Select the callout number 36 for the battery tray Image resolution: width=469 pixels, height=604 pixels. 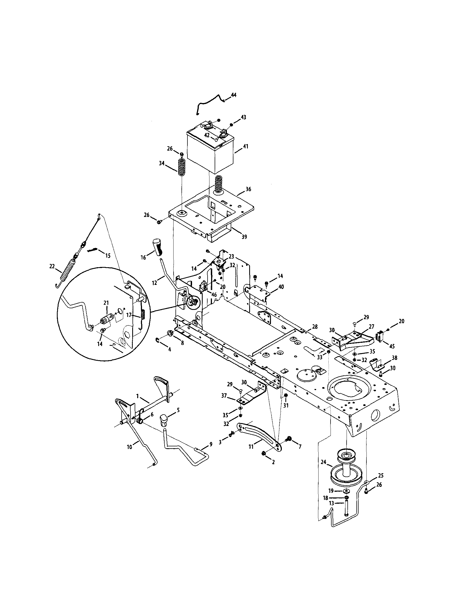[248, 189]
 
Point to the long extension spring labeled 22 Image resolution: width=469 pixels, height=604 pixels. [67, 271]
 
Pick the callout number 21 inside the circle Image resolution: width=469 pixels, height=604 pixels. [106, 303]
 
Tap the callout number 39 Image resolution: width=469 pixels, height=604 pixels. [244, 237]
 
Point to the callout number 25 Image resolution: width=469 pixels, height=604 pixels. [381, 475]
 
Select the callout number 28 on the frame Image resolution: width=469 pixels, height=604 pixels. [314, 327]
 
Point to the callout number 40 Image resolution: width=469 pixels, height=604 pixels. [281, 287]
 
